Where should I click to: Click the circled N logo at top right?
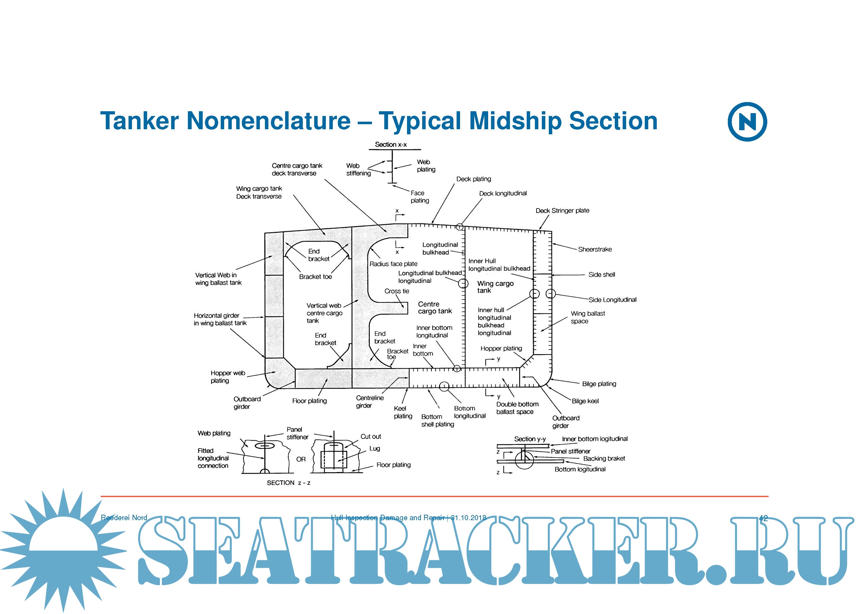(747, 122)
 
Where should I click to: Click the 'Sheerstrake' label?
(595, 249)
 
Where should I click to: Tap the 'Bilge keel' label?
(585, 401)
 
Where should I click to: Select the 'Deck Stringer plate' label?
(562, 210)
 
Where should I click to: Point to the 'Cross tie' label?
(397, 291)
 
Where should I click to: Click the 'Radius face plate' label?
(393, 264)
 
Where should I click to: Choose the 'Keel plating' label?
(403, 412)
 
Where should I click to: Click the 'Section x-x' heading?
(391, 144)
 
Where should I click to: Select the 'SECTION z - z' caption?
(289, 483)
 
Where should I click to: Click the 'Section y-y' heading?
(530, 439)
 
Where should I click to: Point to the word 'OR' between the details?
(301, 459)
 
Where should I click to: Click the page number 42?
(763, 518)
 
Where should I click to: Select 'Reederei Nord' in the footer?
(124, 518)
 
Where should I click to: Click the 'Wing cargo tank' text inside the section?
(495, 287)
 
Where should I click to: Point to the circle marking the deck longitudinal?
(459, 227)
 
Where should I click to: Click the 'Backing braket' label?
(604, 459)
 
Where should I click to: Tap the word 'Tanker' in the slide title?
(139, 121)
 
